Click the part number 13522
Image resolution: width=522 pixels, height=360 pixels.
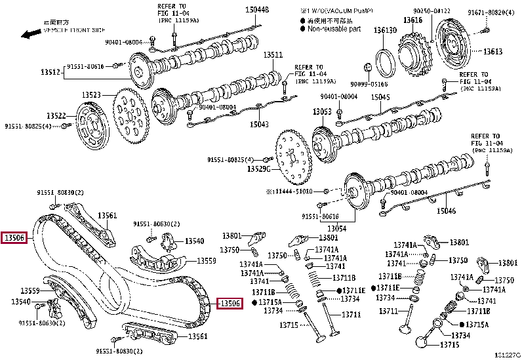56,116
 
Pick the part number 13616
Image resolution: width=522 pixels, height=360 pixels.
413,20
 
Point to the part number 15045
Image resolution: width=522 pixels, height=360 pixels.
380,97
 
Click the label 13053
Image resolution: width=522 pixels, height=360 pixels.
322,112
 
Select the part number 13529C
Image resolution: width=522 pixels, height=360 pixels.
259,169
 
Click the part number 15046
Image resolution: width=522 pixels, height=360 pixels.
446,210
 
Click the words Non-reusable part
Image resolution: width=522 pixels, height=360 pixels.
333,29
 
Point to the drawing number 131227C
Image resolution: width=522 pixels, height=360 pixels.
506,355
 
